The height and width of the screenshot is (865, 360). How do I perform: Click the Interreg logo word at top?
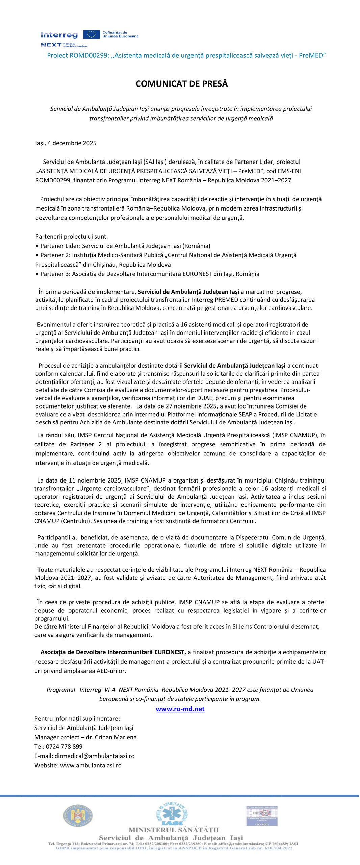coord(59,35)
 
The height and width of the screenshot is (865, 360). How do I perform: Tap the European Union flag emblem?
coord(91,34)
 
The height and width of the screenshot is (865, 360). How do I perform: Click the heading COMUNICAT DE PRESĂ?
coord(181,84)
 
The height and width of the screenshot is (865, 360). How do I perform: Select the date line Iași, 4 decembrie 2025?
coord(66,143)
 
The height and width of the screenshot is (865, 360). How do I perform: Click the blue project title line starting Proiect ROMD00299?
coord(186,55)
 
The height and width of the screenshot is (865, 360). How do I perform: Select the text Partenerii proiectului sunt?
coord(72,236)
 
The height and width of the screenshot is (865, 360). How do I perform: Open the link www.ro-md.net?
coord(180,709)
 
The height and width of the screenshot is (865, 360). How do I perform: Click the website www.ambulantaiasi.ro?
coord(91,765)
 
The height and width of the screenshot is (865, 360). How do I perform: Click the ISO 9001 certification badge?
coord(261,816)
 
